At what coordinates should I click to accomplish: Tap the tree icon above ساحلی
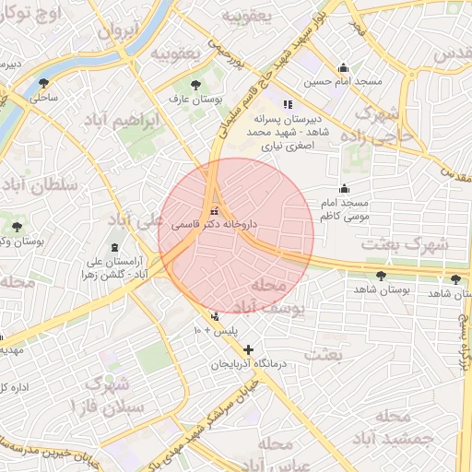tap(43, 84)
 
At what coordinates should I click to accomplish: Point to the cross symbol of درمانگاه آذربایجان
tap(247, 350)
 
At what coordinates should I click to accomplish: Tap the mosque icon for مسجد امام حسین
tap(344, 67)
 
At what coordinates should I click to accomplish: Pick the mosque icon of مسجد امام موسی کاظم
tap(344, 188)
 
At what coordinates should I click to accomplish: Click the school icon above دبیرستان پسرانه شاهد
tap(288, 104)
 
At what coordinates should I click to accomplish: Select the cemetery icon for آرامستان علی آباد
tap(114, 248)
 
